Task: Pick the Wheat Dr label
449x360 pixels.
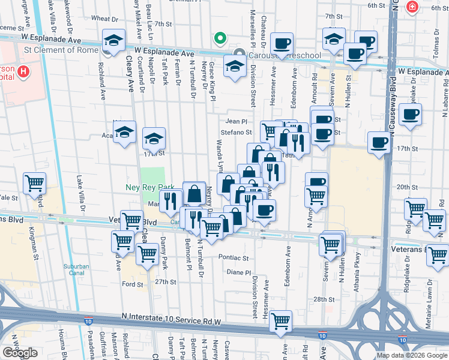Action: point(100,19)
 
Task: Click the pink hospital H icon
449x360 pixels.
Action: point(23,73)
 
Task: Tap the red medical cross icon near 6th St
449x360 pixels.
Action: point(412,7)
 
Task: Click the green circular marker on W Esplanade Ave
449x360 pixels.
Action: point(220,39)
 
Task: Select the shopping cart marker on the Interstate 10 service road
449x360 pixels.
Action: point(280,322)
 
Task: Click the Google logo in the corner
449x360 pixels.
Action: point(20,353)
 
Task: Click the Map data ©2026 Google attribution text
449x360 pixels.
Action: point(412,355)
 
